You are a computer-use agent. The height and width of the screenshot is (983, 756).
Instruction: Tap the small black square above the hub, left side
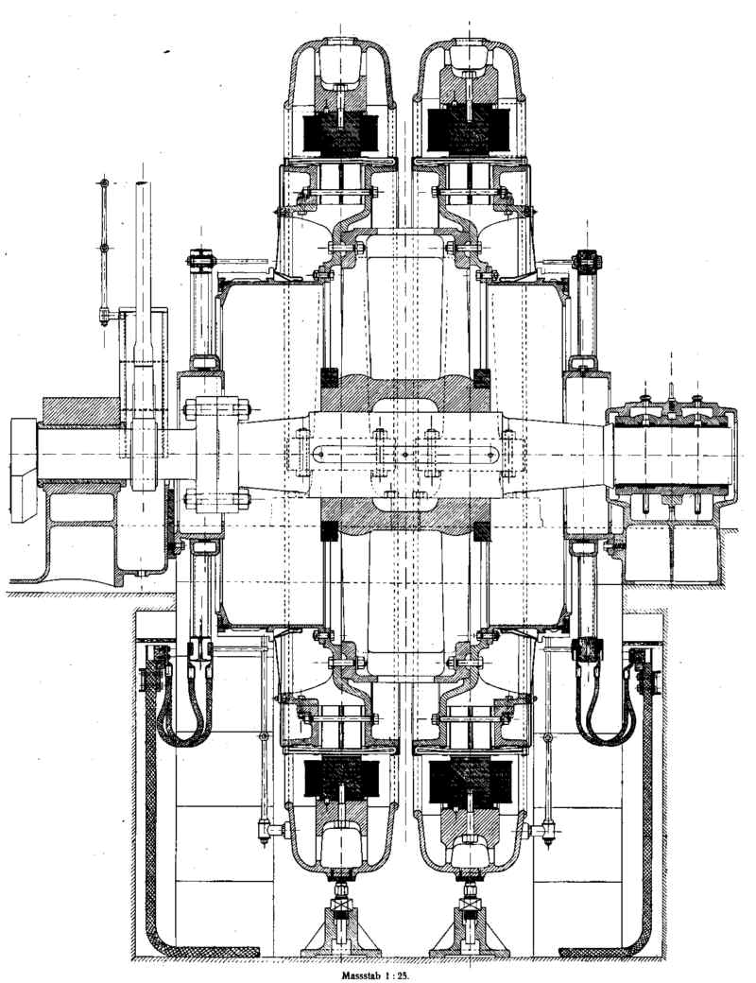pyautogui.click(x=330, y=375)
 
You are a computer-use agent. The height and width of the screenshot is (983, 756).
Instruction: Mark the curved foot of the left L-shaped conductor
pyautogui.click(x=165, y=940)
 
